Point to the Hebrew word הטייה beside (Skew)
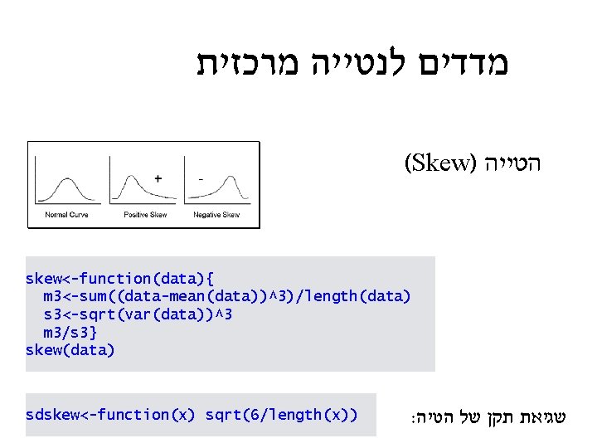click(x=515, y=163)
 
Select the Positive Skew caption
click(x=145, y=215)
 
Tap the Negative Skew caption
click(x=216, y=215)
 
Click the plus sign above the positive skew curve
click(x=158, y=178)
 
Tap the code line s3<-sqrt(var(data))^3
click(x=138, y=314)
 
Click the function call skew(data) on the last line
click(x=70, y=350)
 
